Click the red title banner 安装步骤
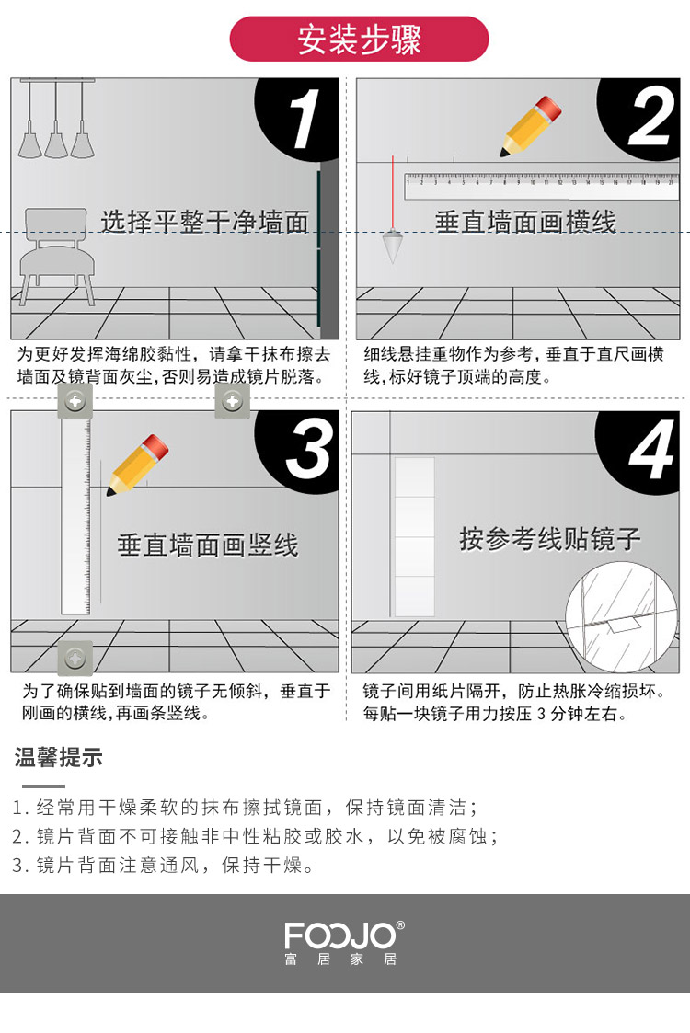pyautogui.click(x=359, y=39)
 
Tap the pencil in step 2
pyautogui.click(x=531, y=127)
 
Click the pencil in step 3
pyautogui.click(x=138, y=465)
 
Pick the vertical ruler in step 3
pyautogui.click(x=75, y=517)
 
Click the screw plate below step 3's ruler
pyautogui.click(x=75, y=658)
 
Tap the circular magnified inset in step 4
pyautogui.click(x=622, y=617)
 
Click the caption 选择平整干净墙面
pyautogui.click(x=204, y=222)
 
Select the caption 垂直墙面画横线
pyautogui.click(x=525, y=222)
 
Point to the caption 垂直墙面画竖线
pyautogui.click(x=208, y=545)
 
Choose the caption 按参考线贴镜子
pyautogui.click(x=550, y=539)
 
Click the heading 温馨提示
pyautogui.click(x=59, y=758)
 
